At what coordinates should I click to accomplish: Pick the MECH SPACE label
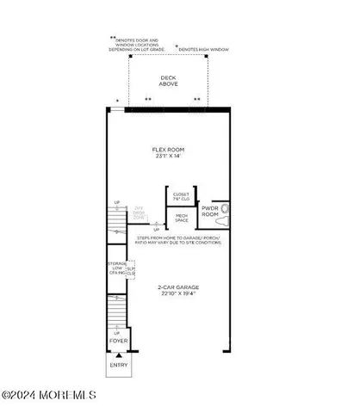point(181,219)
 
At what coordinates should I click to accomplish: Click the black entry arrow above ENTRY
point(118,353)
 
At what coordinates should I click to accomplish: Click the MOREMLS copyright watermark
point(49,396)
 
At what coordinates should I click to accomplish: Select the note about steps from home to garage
point(177,240)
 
